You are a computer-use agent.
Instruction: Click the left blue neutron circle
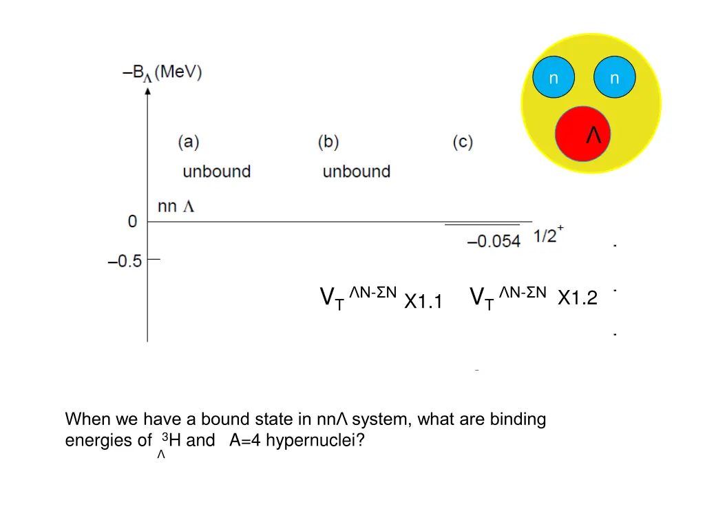coord(554,79)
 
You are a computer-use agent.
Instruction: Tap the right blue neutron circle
coord(614,79)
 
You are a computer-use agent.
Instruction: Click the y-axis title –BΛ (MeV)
coord(162,72)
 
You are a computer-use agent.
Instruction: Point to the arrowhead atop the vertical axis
coord(147,91)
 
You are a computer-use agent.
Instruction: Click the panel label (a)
coord(188,143)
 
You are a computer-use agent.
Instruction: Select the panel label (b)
coord(328,143)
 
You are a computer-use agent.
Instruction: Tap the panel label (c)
coord(463,143)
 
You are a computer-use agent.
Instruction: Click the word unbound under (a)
coord(216,172)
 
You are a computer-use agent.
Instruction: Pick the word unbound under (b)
coord(356,172)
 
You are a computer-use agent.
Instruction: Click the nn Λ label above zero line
coord(176,206)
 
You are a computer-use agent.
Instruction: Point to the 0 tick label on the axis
coord(132,222)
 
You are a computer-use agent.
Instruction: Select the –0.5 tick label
coord(125,261)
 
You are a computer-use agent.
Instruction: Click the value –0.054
coord(494,241)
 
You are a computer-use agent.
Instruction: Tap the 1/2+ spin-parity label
coord(549,236)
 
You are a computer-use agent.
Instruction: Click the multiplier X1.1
coord(423,301)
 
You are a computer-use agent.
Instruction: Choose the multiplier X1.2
coord(577,298)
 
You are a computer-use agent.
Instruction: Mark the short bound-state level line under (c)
coord(482,225)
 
